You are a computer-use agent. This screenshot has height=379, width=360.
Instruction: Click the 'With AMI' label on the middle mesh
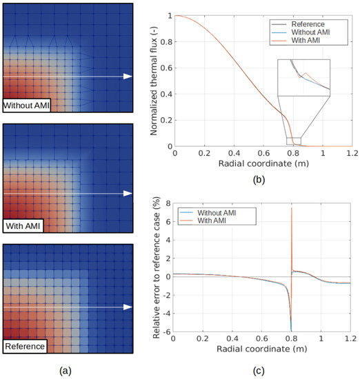pos(23,225)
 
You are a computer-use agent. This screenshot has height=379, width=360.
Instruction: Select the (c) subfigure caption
pos(259,370)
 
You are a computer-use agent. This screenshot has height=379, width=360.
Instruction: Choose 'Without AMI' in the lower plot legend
pos(216,213)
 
